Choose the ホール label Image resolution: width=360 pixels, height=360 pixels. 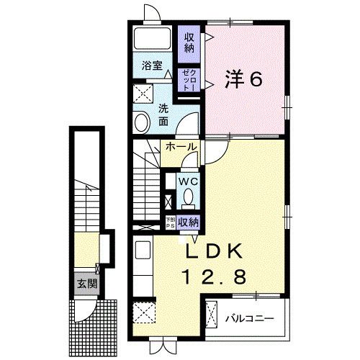point(180,147)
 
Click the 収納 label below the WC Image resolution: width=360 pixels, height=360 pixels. point(188,222)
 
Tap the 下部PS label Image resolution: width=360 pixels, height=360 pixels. point(170,222)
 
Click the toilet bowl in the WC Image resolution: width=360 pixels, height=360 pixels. point(188,196)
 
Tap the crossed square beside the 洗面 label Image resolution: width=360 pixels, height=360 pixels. point(142,94)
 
